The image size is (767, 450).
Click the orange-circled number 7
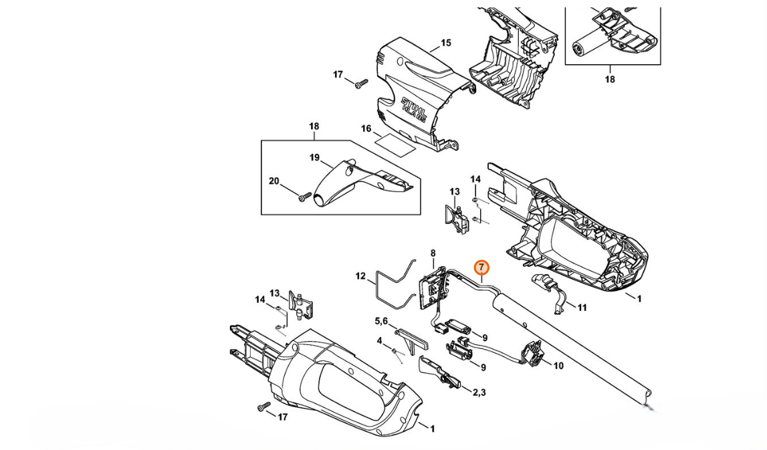(x=482, y=267)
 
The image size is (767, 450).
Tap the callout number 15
(x=445, y=43)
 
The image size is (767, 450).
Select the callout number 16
(x=366, y=128)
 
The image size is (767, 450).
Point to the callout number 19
(x=314, y=158)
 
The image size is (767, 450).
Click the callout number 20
(x=274, y=181)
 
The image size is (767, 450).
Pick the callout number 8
(x=433, y=253)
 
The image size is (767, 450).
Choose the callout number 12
(x=360, y=276)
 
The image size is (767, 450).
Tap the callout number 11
(x=582, y=308)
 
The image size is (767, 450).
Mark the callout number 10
(x=558, y=365)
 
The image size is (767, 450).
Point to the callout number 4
(x=380, y=340)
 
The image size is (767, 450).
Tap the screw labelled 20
(x=304, y=197)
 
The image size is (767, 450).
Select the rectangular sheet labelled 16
(x=395, y=145)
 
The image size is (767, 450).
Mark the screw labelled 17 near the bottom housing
(x=264, y=407)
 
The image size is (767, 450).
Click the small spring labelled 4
(x=397, y=354)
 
